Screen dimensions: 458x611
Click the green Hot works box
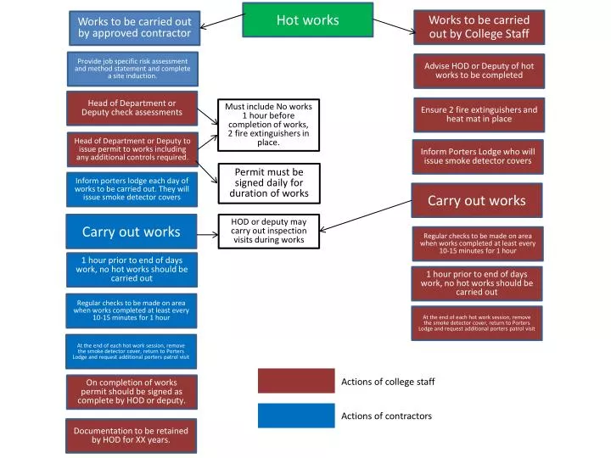point(307,20)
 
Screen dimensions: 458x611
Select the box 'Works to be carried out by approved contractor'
point(134,27)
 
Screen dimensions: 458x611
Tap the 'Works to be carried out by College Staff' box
point(479,27)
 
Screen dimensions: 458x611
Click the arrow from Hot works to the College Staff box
point(393,26)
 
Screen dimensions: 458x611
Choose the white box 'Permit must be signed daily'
point(269,182)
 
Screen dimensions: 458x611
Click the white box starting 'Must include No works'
point(268,125)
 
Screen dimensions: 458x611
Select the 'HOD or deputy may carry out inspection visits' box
point(268,230)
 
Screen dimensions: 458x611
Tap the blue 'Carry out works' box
point(131,232)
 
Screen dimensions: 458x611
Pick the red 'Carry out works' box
point(476,201)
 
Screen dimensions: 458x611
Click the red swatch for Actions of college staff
point(296,382)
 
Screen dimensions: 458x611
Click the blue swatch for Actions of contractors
point(296,416)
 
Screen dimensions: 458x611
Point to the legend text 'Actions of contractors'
point(386,416)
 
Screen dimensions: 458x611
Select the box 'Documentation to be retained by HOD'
point(131,435)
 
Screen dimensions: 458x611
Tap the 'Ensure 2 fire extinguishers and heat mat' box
point(479,114)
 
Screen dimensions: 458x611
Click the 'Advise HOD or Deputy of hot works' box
point(479,70)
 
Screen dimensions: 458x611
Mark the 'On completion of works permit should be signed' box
point(132,392)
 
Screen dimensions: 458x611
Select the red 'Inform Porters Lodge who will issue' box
point(478,156)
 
